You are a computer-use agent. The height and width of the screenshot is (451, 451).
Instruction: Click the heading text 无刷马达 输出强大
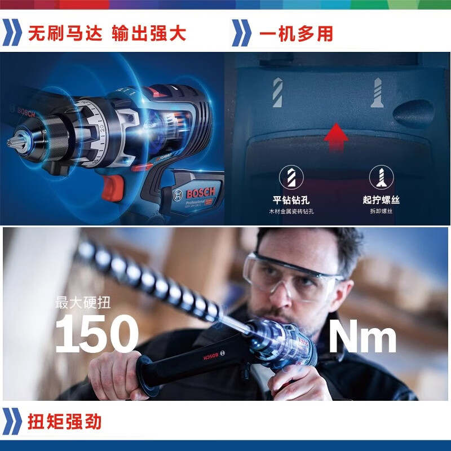(x=107, y=33)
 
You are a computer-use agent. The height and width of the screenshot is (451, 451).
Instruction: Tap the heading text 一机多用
(x=296, y=33)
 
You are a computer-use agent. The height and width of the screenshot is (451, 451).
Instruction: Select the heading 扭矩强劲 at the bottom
(x=65, y=422)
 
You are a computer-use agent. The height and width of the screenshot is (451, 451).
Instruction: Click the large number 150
(x=96, y=334)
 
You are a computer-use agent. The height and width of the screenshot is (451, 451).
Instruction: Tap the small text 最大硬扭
(x=83, y=302)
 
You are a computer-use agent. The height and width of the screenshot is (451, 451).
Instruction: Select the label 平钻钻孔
(x=291, y=200)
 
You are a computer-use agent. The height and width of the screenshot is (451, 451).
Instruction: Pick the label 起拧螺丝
(x=381, y=200)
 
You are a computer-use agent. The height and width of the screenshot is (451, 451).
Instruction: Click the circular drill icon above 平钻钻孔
(x=291, y=178)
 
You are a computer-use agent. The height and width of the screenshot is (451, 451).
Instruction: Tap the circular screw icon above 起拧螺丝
(x=381, y=178)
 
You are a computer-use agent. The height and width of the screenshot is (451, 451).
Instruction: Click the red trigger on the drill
(x=114, y=188)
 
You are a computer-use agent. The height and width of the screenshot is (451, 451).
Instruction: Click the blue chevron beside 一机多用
(x=242, y=33)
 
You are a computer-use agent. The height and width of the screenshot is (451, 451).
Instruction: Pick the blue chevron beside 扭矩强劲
(x=12, y=422)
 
